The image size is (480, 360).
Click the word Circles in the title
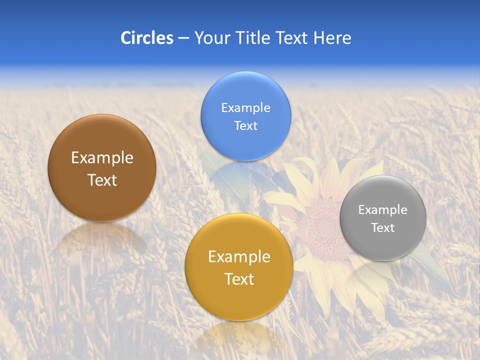146,38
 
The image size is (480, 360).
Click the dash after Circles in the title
183,38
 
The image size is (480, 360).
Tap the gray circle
382,245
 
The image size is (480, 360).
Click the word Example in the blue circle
245,108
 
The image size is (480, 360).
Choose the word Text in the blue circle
245,126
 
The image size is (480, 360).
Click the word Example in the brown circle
102,158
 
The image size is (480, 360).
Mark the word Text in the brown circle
102,180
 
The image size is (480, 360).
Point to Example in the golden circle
239,257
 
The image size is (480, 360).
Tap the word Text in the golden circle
239,279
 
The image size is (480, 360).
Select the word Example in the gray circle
382,210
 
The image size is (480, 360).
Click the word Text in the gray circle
382,228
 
